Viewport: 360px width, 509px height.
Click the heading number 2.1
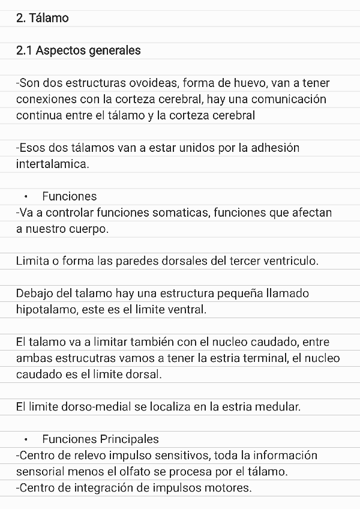tap(24, 50)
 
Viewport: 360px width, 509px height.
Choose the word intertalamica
tap(53, 164)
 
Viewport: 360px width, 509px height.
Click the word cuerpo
tap(88, 229)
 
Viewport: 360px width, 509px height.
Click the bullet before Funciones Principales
tap(26, 439)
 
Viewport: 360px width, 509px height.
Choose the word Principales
tap(129, 439)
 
